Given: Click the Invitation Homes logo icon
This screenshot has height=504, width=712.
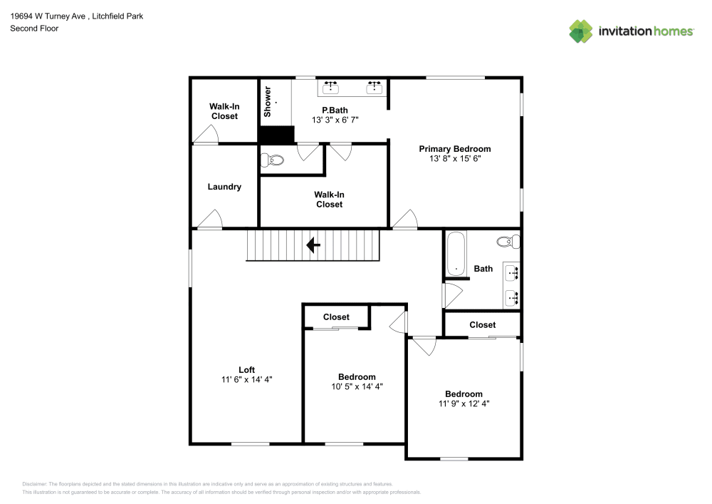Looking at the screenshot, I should point(580,31).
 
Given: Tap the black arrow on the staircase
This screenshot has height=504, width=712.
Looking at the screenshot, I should point(313,246).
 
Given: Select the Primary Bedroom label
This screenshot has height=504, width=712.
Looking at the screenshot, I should point(454,149).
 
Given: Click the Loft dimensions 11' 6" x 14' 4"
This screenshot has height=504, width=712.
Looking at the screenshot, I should point(246,380).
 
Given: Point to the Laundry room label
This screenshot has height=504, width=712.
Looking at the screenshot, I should point(224,187).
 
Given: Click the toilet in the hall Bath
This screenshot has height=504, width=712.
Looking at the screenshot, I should point(508,242).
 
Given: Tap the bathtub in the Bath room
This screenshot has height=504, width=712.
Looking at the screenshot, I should point(455,254).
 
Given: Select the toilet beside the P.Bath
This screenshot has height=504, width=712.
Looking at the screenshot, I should point(272,160).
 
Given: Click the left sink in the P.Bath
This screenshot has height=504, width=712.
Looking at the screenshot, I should point(330,87).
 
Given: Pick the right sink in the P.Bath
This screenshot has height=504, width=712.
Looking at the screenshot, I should point(375,87).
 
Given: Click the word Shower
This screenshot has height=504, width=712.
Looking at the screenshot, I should point(268,102).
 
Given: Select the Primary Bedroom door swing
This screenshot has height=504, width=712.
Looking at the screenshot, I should point(405,220).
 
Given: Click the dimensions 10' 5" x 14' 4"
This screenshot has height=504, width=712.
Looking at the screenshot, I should point(357,387).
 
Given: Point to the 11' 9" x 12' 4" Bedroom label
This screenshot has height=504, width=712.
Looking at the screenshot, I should point(464,394).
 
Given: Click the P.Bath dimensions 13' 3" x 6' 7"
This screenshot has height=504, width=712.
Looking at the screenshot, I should point(335,120).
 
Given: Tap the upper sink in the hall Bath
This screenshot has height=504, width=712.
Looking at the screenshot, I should point(512,272).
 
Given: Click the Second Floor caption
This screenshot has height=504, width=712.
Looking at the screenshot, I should point(34,29).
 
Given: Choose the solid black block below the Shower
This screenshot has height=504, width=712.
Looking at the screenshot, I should point(276,135).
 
